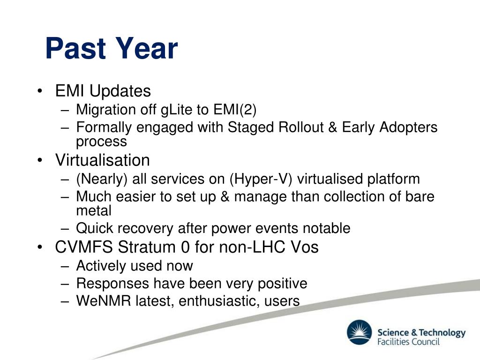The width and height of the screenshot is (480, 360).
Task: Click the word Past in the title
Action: click(76, 48)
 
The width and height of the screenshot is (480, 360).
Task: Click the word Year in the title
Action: click(147, 48)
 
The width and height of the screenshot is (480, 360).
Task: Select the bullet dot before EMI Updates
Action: click(39, 91)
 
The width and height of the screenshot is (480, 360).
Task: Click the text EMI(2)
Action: click(235, 110)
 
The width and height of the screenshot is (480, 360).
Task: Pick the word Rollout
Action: click(301, 127)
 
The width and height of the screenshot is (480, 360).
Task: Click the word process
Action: click(101, 142)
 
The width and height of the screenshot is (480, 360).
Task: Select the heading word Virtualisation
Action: click(103, 160)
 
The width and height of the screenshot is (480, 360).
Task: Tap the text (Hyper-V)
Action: click(261, 179)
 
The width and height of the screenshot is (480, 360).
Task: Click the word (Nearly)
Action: click(102, 179)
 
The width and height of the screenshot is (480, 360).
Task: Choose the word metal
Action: click(94, 210)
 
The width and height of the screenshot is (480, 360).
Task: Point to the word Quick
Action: click(95, 228)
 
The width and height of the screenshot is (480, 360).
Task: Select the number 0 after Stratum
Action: click(186, 247)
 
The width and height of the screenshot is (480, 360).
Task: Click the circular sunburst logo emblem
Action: click(360, 332)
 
